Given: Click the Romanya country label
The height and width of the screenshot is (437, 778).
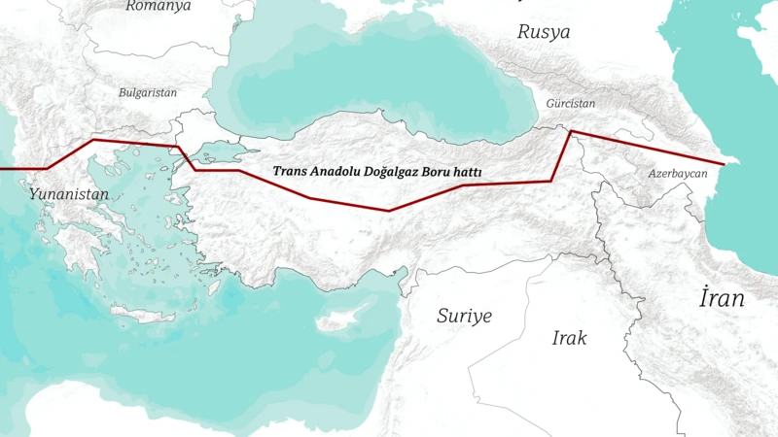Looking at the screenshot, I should click(159, 6).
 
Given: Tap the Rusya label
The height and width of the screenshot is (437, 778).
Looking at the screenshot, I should click(544, 31).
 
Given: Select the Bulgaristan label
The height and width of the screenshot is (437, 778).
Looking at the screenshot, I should click(148, 93).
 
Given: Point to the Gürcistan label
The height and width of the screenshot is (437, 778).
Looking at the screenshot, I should click(570, 103).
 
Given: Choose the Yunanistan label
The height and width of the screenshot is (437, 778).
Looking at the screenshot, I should click(68, 194).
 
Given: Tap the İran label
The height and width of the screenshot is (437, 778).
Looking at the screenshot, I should click(722, 298).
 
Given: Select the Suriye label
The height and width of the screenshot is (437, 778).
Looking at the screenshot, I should click(464, 316).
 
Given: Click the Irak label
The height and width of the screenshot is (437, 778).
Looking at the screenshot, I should click(569, 338).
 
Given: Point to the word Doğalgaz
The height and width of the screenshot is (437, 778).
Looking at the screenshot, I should click(400, 171).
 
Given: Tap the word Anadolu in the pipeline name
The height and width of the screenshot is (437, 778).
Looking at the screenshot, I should click(337, 171).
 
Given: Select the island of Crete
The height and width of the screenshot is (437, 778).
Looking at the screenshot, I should click(143, 314).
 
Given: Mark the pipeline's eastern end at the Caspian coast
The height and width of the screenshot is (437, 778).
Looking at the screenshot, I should click(724, 164).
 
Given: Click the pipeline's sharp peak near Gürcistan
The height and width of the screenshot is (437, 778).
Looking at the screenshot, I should click(571, 130).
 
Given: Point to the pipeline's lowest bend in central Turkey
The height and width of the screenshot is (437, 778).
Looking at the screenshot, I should click(389, 210).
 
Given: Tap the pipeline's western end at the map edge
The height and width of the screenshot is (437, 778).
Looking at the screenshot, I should click(3, 168).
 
